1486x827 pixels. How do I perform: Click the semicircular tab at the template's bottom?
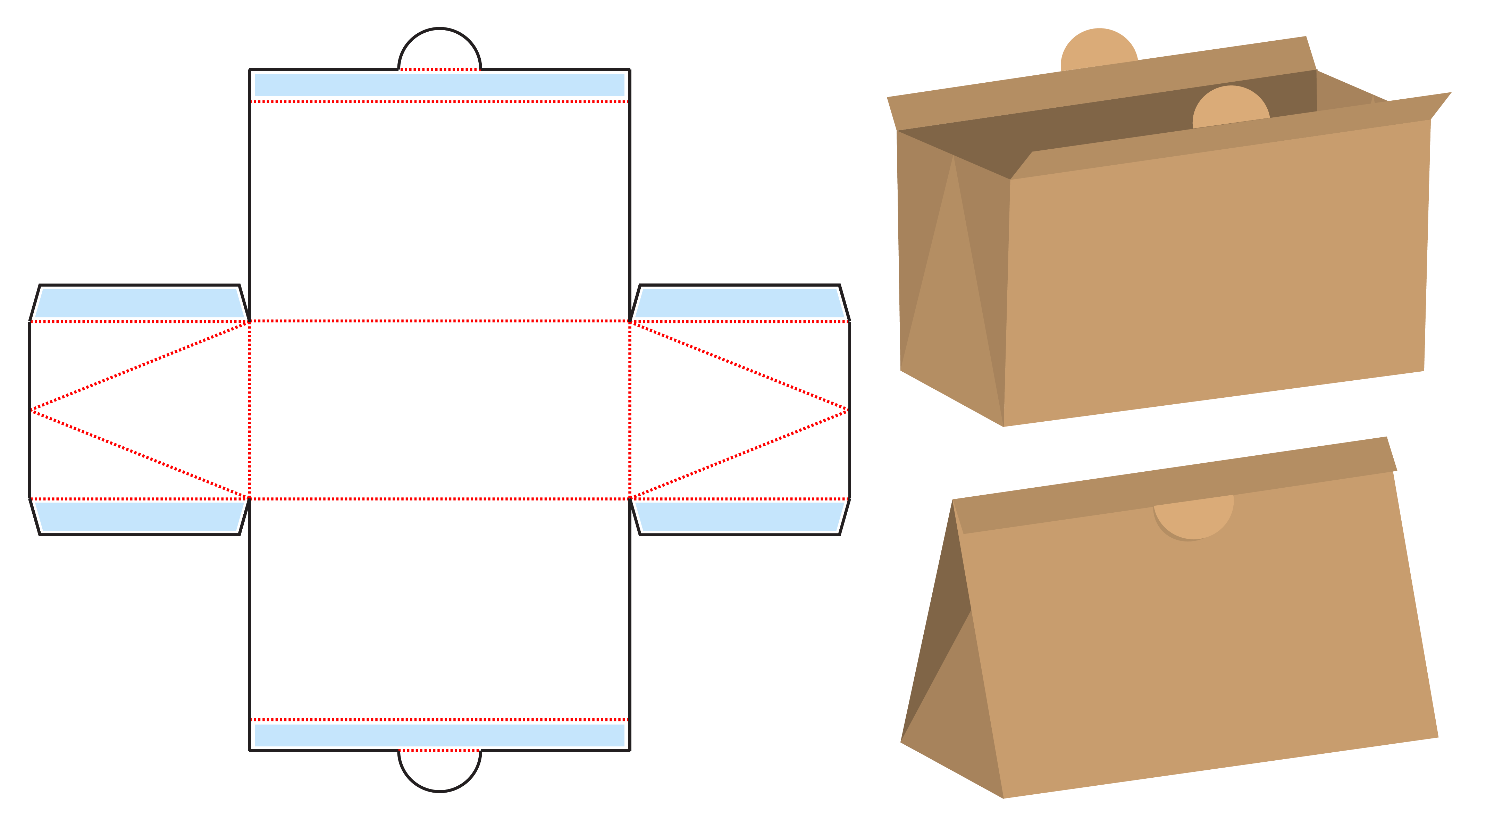[x=439, y=770]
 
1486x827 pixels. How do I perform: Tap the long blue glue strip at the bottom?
[x=439, y=735]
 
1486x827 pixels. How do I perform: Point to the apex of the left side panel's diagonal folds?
[x=32, y=410]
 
